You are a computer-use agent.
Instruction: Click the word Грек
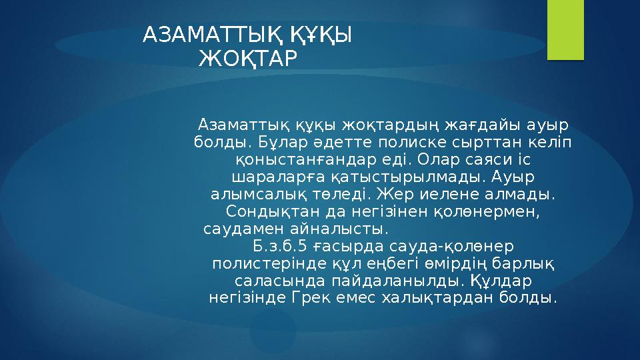click(x=310, y=298)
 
